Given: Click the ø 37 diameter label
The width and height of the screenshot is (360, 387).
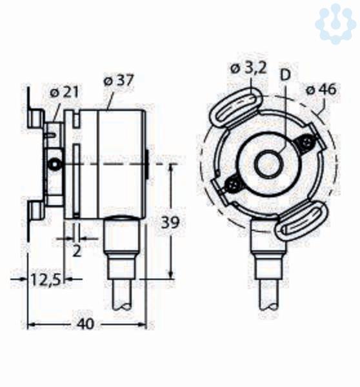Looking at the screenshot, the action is coord(119,80).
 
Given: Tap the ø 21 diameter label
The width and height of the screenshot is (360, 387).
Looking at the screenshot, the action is coord(65,92).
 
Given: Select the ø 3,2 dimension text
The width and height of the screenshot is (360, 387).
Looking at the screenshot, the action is coord(248,68).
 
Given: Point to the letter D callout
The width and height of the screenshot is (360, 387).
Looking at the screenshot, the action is coord(285,75).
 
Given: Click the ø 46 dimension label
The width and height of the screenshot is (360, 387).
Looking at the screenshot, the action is coord(321,90).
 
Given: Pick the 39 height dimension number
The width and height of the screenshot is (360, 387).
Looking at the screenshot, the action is coord(170,222).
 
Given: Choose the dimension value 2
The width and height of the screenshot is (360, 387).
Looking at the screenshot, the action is coord(77,252).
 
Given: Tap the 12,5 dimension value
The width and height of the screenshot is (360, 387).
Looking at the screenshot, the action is coord(46,280).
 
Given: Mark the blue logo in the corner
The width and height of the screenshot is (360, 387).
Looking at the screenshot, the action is coord(335,24).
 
